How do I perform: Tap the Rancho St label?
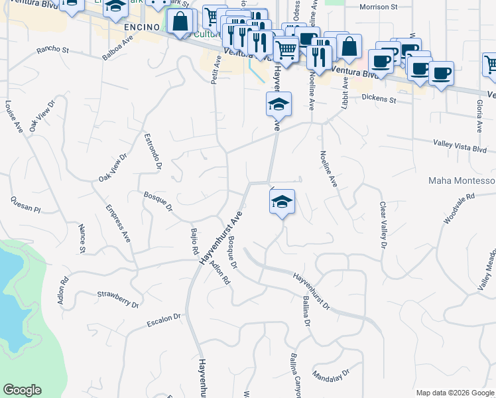[x=53, y=49]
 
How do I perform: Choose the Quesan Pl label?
[x=26, y=204]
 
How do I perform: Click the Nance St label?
[x=82, y=239]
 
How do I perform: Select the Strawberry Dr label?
[x=117, y=300]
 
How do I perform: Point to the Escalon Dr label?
[x=164, y=321]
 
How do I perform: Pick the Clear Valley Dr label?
[x=383, y=225]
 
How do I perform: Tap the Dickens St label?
[x=379, y=100]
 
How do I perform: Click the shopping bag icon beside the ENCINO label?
[x=180, y=22]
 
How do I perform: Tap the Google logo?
[x=22, y=390]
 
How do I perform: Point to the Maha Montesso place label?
[x=462, y=180]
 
